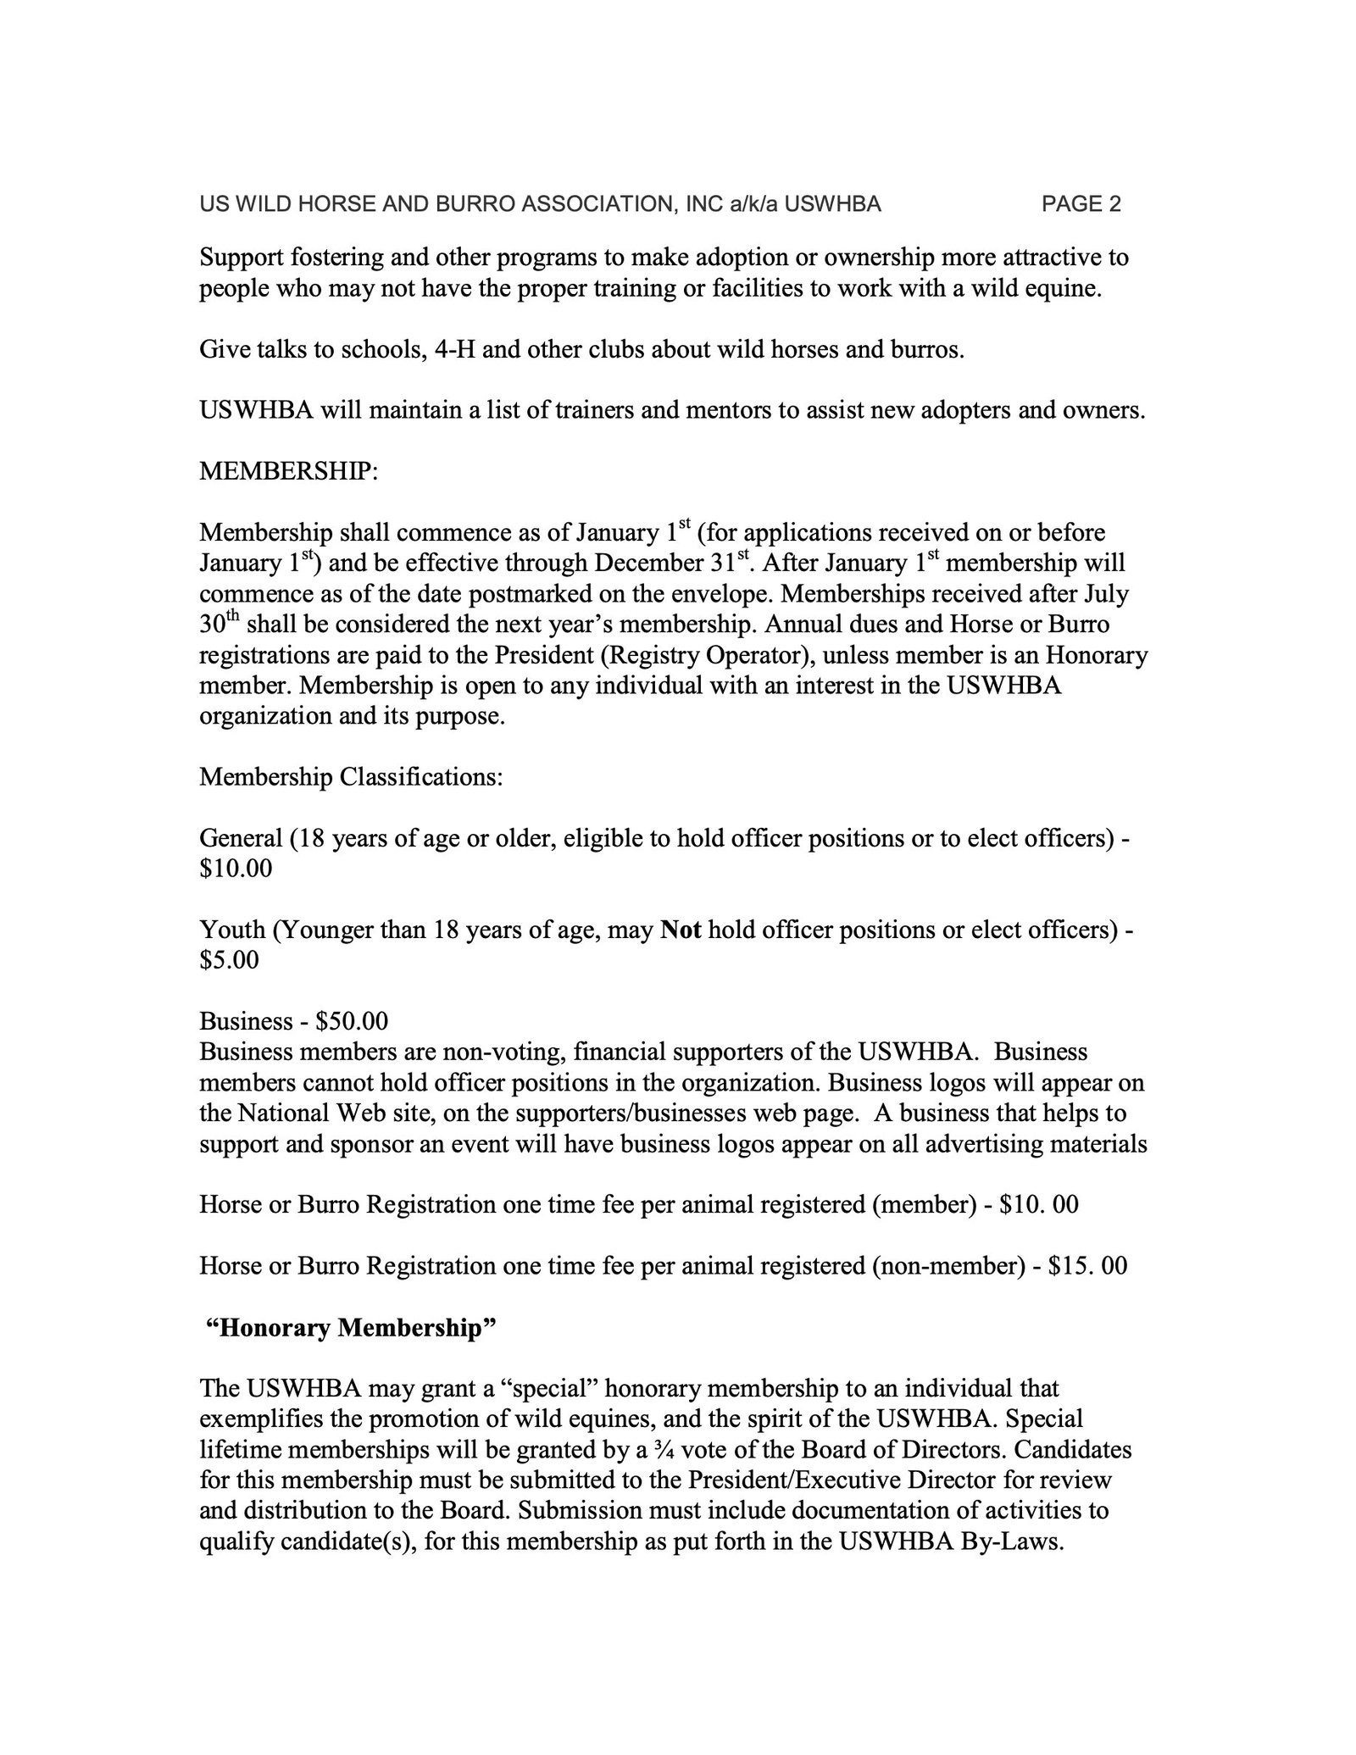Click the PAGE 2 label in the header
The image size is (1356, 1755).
[1081, 204]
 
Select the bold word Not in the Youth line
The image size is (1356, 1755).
[680, 930]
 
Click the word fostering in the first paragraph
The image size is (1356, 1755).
[331, 258]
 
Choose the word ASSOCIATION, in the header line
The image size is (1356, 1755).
[594, 204]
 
